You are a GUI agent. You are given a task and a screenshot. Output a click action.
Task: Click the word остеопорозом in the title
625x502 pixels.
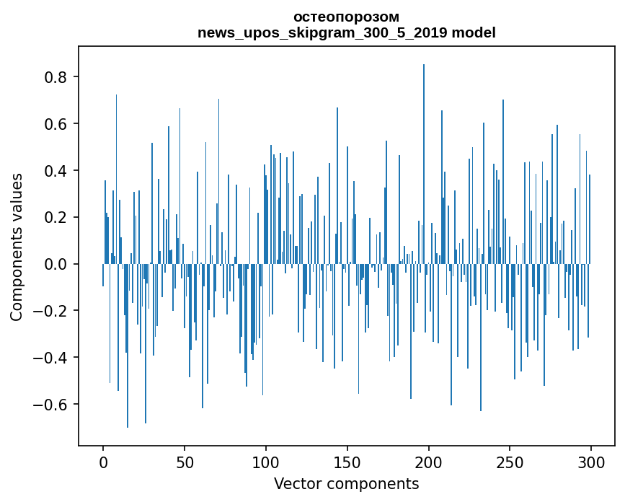[346, 17]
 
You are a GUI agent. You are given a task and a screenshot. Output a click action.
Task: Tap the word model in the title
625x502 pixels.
[474, 33]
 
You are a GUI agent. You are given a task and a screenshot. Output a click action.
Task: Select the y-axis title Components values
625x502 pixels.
[17, 246]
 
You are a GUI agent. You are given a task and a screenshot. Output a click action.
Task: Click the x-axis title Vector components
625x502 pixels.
[346, 483]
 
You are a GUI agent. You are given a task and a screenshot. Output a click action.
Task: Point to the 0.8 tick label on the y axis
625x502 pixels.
[55, 77]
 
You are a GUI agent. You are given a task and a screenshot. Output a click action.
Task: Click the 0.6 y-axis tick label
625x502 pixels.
[55, 124]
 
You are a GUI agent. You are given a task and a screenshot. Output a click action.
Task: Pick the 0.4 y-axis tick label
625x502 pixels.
[55, 171]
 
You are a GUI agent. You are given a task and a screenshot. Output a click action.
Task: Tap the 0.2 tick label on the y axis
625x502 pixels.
[55, 217]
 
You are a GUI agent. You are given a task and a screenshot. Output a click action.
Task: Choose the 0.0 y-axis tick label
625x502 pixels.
[55, 264]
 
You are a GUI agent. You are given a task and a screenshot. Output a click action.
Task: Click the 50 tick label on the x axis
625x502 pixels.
[185, 462]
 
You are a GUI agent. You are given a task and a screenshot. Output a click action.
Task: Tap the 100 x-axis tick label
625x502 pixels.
[266, 462]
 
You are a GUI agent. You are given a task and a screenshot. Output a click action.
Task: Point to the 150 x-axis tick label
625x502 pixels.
[347, 462]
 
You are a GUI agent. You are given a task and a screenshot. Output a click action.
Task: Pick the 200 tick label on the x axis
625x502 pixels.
[429, 462]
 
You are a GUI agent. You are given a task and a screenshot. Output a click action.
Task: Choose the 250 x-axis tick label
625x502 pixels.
[510, 462]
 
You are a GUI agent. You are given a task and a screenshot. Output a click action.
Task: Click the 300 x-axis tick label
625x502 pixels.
[592, 462]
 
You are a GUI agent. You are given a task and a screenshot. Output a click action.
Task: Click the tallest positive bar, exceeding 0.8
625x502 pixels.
[424, 144]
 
